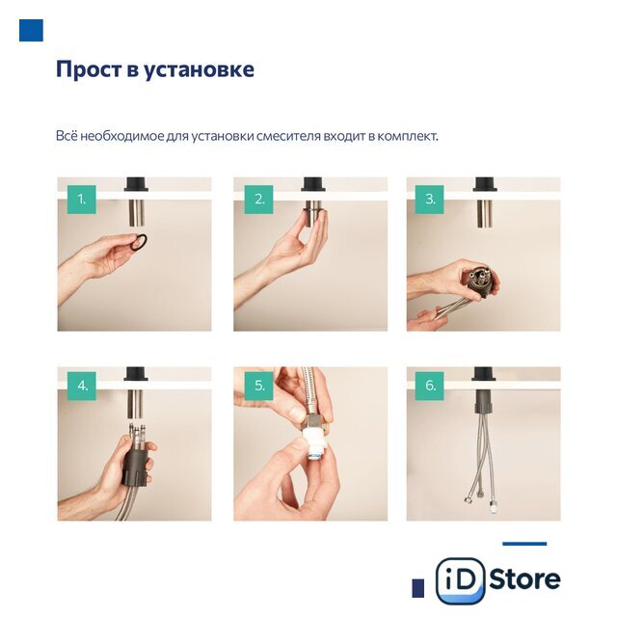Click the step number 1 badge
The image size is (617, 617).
pyautogui.click(x=81, y=200)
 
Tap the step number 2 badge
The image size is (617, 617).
pyautogui.click(x=259, y=200)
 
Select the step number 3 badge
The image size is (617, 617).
pyautogui.click(x=429, y=200)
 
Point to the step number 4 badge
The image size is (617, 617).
pyautogui.click(x=81, y=386)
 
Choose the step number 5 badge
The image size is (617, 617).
pyautogui.click(x=259, y=386)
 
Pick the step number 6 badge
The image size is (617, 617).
pyautogui.click(x=429, y=386)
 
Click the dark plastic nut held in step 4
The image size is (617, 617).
pyautogui.click(x=136, y=467)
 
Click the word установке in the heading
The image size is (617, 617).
pyautogui.click(x=200, y=70)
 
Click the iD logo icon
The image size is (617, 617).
pyautogui.click(x=460, y=580)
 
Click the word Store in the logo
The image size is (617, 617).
pyautogui.click(x=524, y=579)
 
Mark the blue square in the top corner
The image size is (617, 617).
pyautogui.click(x=31, y=30)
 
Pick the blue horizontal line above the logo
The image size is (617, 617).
pyautogui.click(x=524, y=544)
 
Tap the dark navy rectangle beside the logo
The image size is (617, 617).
pyautogui.click(x=417, y=588)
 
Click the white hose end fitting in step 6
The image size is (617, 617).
pyautogui.click(x=493, y=505)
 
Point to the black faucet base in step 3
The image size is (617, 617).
pyautogui.click(x=484, y=184)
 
